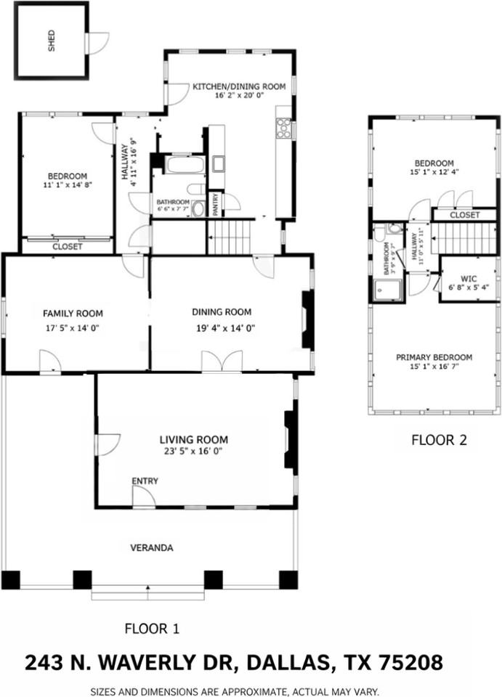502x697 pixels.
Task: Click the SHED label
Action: [52, 41]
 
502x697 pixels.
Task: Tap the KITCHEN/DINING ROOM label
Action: [238, 86]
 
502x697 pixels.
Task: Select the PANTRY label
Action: [216, 203]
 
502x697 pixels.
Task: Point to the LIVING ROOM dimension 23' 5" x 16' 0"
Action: [193, 451]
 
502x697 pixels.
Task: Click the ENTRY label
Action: [145, 481]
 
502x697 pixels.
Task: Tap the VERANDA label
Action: [151, 547]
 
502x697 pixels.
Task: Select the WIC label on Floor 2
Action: [468, 278]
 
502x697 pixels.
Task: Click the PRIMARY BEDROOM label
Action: [434, 357]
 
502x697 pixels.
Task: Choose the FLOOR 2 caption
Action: [439, 439]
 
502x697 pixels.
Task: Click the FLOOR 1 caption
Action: [152, 628]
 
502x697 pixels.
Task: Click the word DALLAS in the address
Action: [288, 663]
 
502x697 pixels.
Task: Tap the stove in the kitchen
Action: [283, 129]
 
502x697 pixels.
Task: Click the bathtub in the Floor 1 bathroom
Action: [185, 164]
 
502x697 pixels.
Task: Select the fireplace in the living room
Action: [291, 439]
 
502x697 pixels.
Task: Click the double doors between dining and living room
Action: [221, 362]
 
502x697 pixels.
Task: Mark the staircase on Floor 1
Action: [229, 237]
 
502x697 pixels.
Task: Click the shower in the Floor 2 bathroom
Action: [382, 290]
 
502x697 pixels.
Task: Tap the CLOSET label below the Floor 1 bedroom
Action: [68, 247]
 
